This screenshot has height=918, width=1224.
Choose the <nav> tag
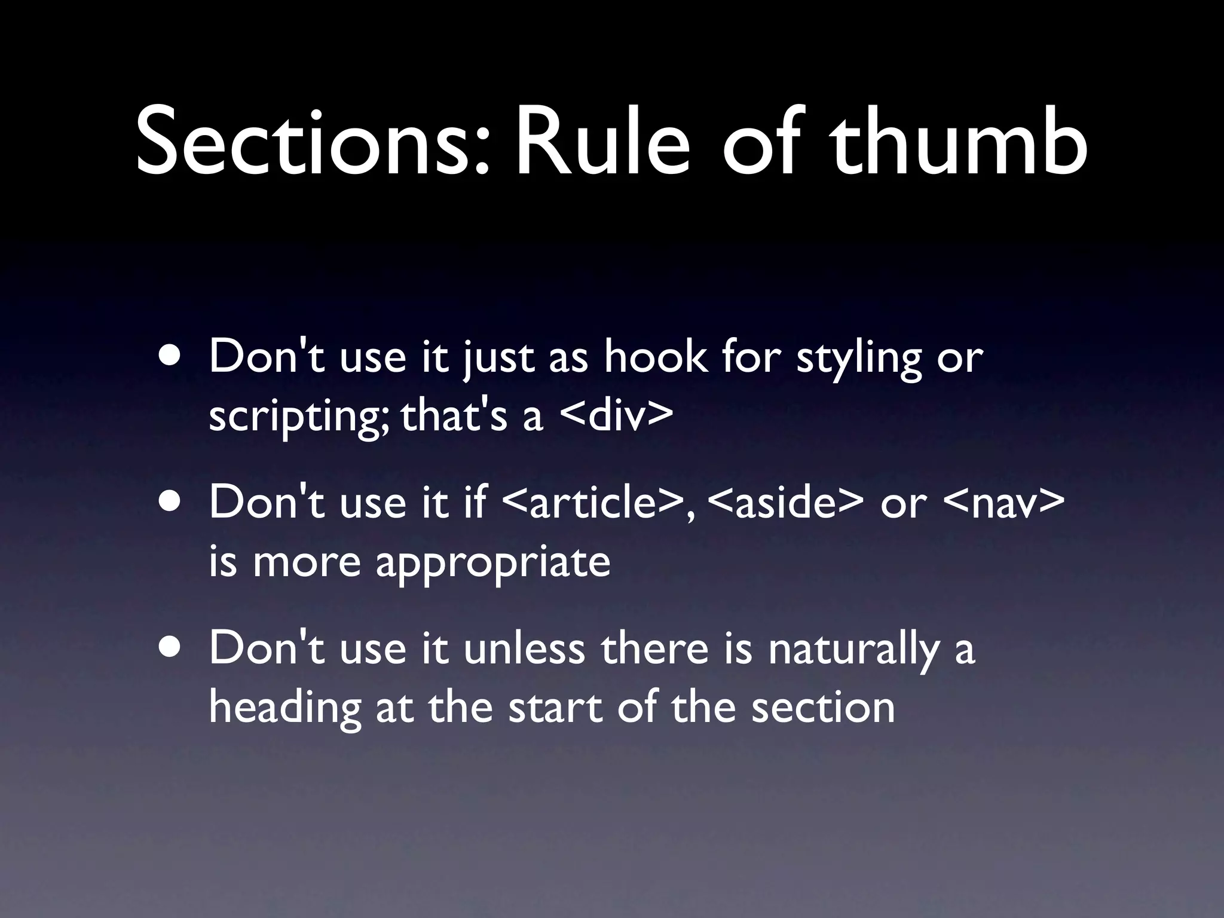tap(1003, 502)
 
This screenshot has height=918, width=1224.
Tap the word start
tap(555, 708)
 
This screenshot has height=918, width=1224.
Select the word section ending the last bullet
tap(822, 708)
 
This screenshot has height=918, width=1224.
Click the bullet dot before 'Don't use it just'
tap(172, 357)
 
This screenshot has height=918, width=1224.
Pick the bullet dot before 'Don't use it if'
tap(172, 502)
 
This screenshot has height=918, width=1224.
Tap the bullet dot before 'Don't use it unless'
tap(172, 648)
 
